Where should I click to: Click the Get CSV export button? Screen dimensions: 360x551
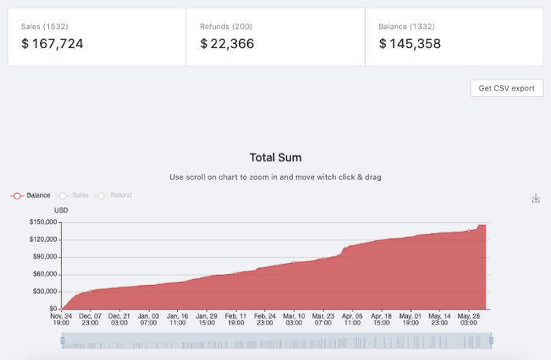click(x=506, y=88)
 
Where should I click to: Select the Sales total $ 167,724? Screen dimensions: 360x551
click(x=52, y=44)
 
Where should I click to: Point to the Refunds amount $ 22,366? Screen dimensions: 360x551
click(x=227, y=44)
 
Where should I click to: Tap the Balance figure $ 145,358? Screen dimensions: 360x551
click(x=409, y=44)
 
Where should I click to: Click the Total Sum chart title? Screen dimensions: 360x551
click(x=275, y=158)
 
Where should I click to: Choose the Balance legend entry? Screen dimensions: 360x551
click(x=31, y=195)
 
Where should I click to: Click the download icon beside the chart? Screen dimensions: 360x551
click(x=536, y=199)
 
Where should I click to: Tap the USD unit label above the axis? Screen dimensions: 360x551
click(x=61, y=210)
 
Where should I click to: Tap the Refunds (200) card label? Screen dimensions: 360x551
click(x=226, y=27)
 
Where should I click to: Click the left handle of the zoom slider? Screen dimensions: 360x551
click(x=62, y=340)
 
